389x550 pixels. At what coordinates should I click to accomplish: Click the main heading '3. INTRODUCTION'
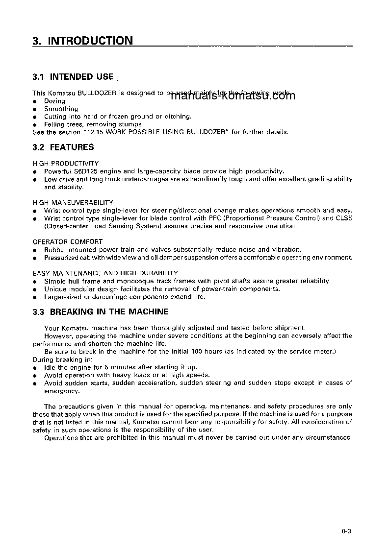(x=82, y=41)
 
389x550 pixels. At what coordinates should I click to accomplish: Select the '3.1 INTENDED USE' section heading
(x=73, y=77)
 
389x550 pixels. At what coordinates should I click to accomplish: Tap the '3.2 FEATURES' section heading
(x=63, y=147)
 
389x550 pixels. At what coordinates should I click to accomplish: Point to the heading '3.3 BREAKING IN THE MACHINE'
(x=100, y=311)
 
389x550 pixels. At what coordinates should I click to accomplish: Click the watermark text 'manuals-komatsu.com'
(x=233, y=96)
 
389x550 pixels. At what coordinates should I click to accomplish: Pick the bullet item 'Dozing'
(x=54, y=101)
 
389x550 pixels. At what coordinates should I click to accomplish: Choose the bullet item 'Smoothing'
(x=61, y=109)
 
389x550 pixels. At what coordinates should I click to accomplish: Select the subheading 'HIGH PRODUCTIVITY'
(x=66, y=163)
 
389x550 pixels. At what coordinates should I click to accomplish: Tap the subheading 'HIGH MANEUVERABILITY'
(x=73, y=202)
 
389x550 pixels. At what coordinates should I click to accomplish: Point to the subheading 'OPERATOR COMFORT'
(x=68, y=241)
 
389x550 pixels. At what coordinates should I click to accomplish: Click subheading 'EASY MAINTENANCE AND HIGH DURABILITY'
(x=105, y=273)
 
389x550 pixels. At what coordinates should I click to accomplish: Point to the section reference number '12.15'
(x=95, y=132)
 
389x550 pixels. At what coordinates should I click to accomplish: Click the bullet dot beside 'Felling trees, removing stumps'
(x=35, y=124)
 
